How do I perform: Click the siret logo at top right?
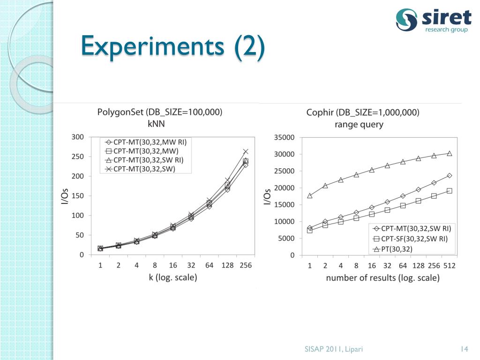pyautogui.click(x=433, y=21)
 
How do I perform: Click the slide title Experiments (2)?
pyautogui.click(x=172, y=47)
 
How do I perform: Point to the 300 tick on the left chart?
pyautogui.click(x=78, y=137)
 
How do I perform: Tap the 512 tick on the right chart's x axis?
pyautogui.click(x=449, y=265)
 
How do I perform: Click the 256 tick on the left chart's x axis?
pyautogui.click(x=245, y=265)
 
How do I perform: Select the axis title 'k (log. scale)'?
pyautogui.click(x=173, y=277)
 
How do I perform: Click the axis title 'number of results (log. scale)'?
pyautogui.click(x=382, y=278)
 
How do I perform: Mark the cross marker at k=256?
pyautogui.click(x=246, y=151)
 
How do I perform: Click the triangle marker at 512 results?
pyautogui.click(x=449, y=153)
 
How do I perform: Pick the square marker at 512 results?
pyautogui.click(x=449, y=191)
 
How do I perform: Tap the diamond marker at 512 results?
pyautogui.click(x=449, y=175)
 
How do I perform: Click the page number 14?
pyautogui.click(x=465, y=349)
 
